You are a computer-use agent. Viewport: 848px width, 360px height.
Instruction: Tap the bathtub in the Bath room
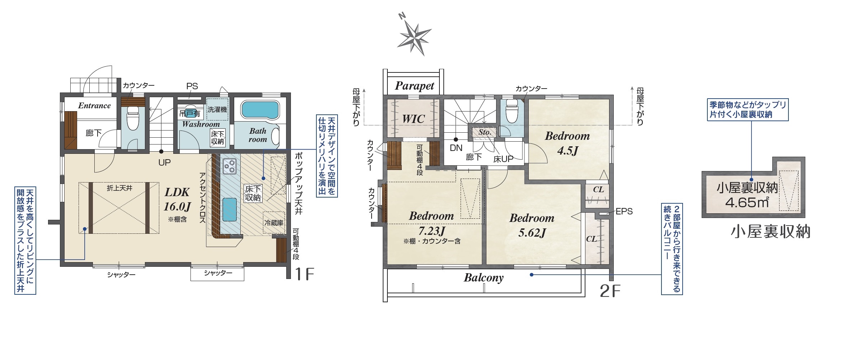(x=260, y=109)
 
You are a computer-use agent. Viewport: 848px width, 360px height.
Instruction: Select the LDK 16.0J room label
(x=177, y=199)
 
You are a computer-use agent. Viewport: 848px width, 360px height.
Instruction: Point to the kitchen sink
(x=230, y=209)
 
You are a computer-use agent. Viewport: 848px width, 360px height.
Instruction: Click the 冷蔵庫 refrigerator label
(x=274, y=223)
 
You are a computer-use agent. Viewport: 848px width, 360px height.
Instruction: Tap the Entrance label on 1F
(x=94, y=105)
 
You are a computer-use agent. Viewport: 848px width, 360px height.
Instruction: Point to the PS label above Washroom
(x=192, y=86)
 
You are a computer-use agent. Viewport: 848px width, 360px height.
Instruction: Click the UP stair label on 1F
(x=165, y=162)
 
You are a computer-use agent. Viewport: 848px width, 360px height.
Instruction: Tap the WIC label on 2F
(x=414, y=119)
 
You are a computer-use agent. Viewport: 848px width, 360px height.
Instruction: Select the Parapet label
(x=414, y=86)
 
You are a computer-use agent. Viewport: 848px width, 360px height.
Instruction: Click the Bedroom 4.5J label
(x=567, y=143)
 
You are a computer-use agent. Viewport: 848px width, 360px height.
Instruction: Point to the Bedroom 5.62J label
(x=532, y=225)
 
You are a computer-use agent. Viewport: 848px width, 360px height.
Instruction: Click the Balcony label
(x=484, y=278)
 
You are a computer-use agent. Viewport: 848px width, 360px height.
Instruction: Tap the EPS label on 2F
(x=624, y=212)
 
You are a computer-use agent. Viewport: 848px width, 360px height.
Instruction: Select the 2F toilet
(x=512, y=111)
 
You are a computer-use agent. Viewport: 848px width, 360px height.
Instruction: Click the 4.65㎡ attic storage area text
(x=747, y=203)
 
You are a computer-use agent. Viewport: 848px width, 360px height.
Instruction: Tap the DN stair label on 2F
(x=456, y=148)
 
